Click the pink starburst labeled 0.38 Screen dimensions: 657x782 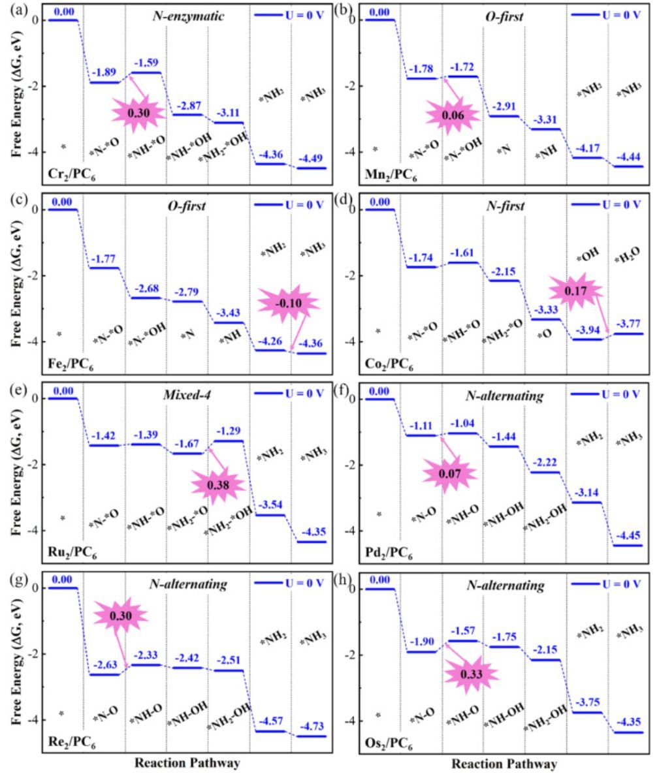pyautogui.click(x=218, y=485)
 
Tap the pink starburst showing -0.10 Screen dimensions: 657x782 pyautogui.click(x=289, y=304)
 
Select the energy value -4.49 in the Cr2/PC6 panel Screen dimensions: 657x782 pyautogui.click(x=311, y=159)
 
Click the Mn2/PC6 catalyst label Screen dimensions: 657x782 pyautogui.click(x=391, y=175)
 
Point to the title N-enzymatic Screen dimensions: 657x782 pyautogui.click(x=188, y=16)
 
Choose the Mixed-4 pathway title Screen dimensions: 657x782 pyautogui.click(x=187, y=395)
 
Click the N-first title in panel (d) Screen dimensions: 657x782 pyautogui.click(x=505, y=206)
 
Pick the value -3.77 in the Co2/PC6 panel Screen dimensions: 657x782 pyautogui.click(x=628, y=324)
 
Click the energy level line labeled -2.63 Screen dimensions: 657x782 pyautogui.click(x=104, y=675)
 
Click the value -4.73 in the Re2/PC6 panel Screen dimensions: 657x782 pyautogui.click(x=312, y=727)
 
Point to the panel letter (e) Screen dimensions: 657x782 pyautogui.click(x=18, y=389)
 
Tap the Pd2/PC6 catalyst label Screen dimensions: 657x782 pyautogui.click(x=389, y=553)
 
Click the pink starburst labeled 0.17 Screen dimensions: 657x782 pyautogui.click(x=575, y=290)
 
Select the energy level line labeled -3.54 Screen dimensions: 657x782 pyautogui.click(x=270, y=515)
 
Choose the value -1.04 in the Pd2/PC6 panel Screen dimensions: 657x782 pyautogui.click(x=462, y=424)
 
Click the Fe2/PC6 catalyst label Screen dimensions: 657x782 pyautogui.click(x=71, y=365)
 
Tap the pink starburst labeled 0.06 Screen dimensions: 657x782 pyautogui.click(x=453, y=116)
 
